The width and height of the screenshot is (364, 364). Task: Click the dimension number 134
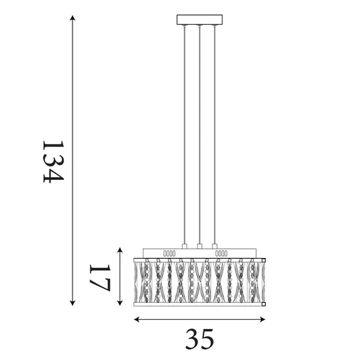coord(53,161)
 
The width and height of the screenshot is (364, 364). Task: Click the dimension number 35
coord(200,339)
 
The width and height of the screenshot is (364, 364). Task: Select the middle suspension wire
coord(200,135)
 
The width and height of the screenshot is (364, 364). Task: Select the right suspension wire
coord(214,135)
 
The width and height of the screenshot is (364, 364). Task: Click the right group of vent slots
coord(222,252)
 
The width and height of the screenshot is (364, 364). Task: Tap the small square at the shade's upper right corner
coord(264,259)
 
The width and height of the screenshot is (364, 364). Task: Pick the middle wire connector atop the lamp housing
coord(200,247)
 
